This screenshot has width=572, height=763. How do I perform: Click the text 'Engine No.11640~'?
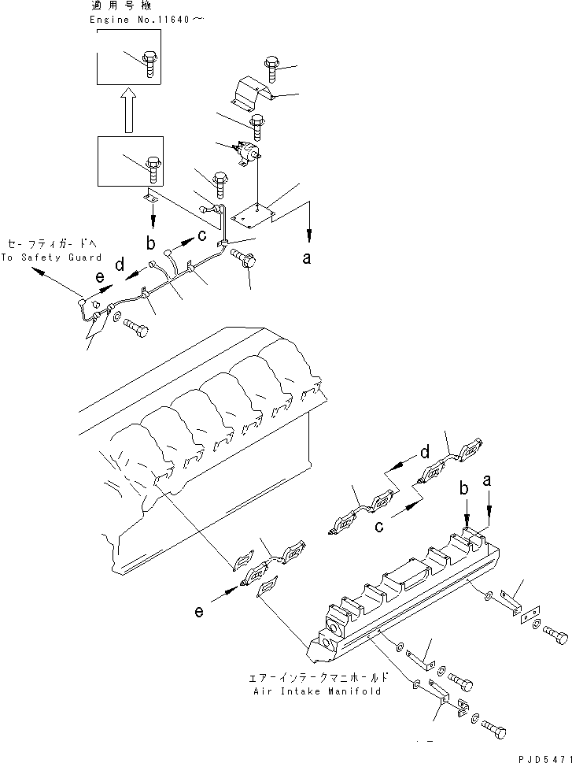(x=147, y=20)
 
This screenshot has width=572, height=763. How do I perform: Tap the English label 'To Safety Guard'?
(x=51, y=257)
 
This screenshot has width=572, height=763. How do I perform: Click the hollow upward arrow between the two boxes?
(x=127, y=110)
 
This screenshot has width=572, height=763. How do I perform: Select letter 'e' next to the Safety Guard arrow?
(x=98, y=277)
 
